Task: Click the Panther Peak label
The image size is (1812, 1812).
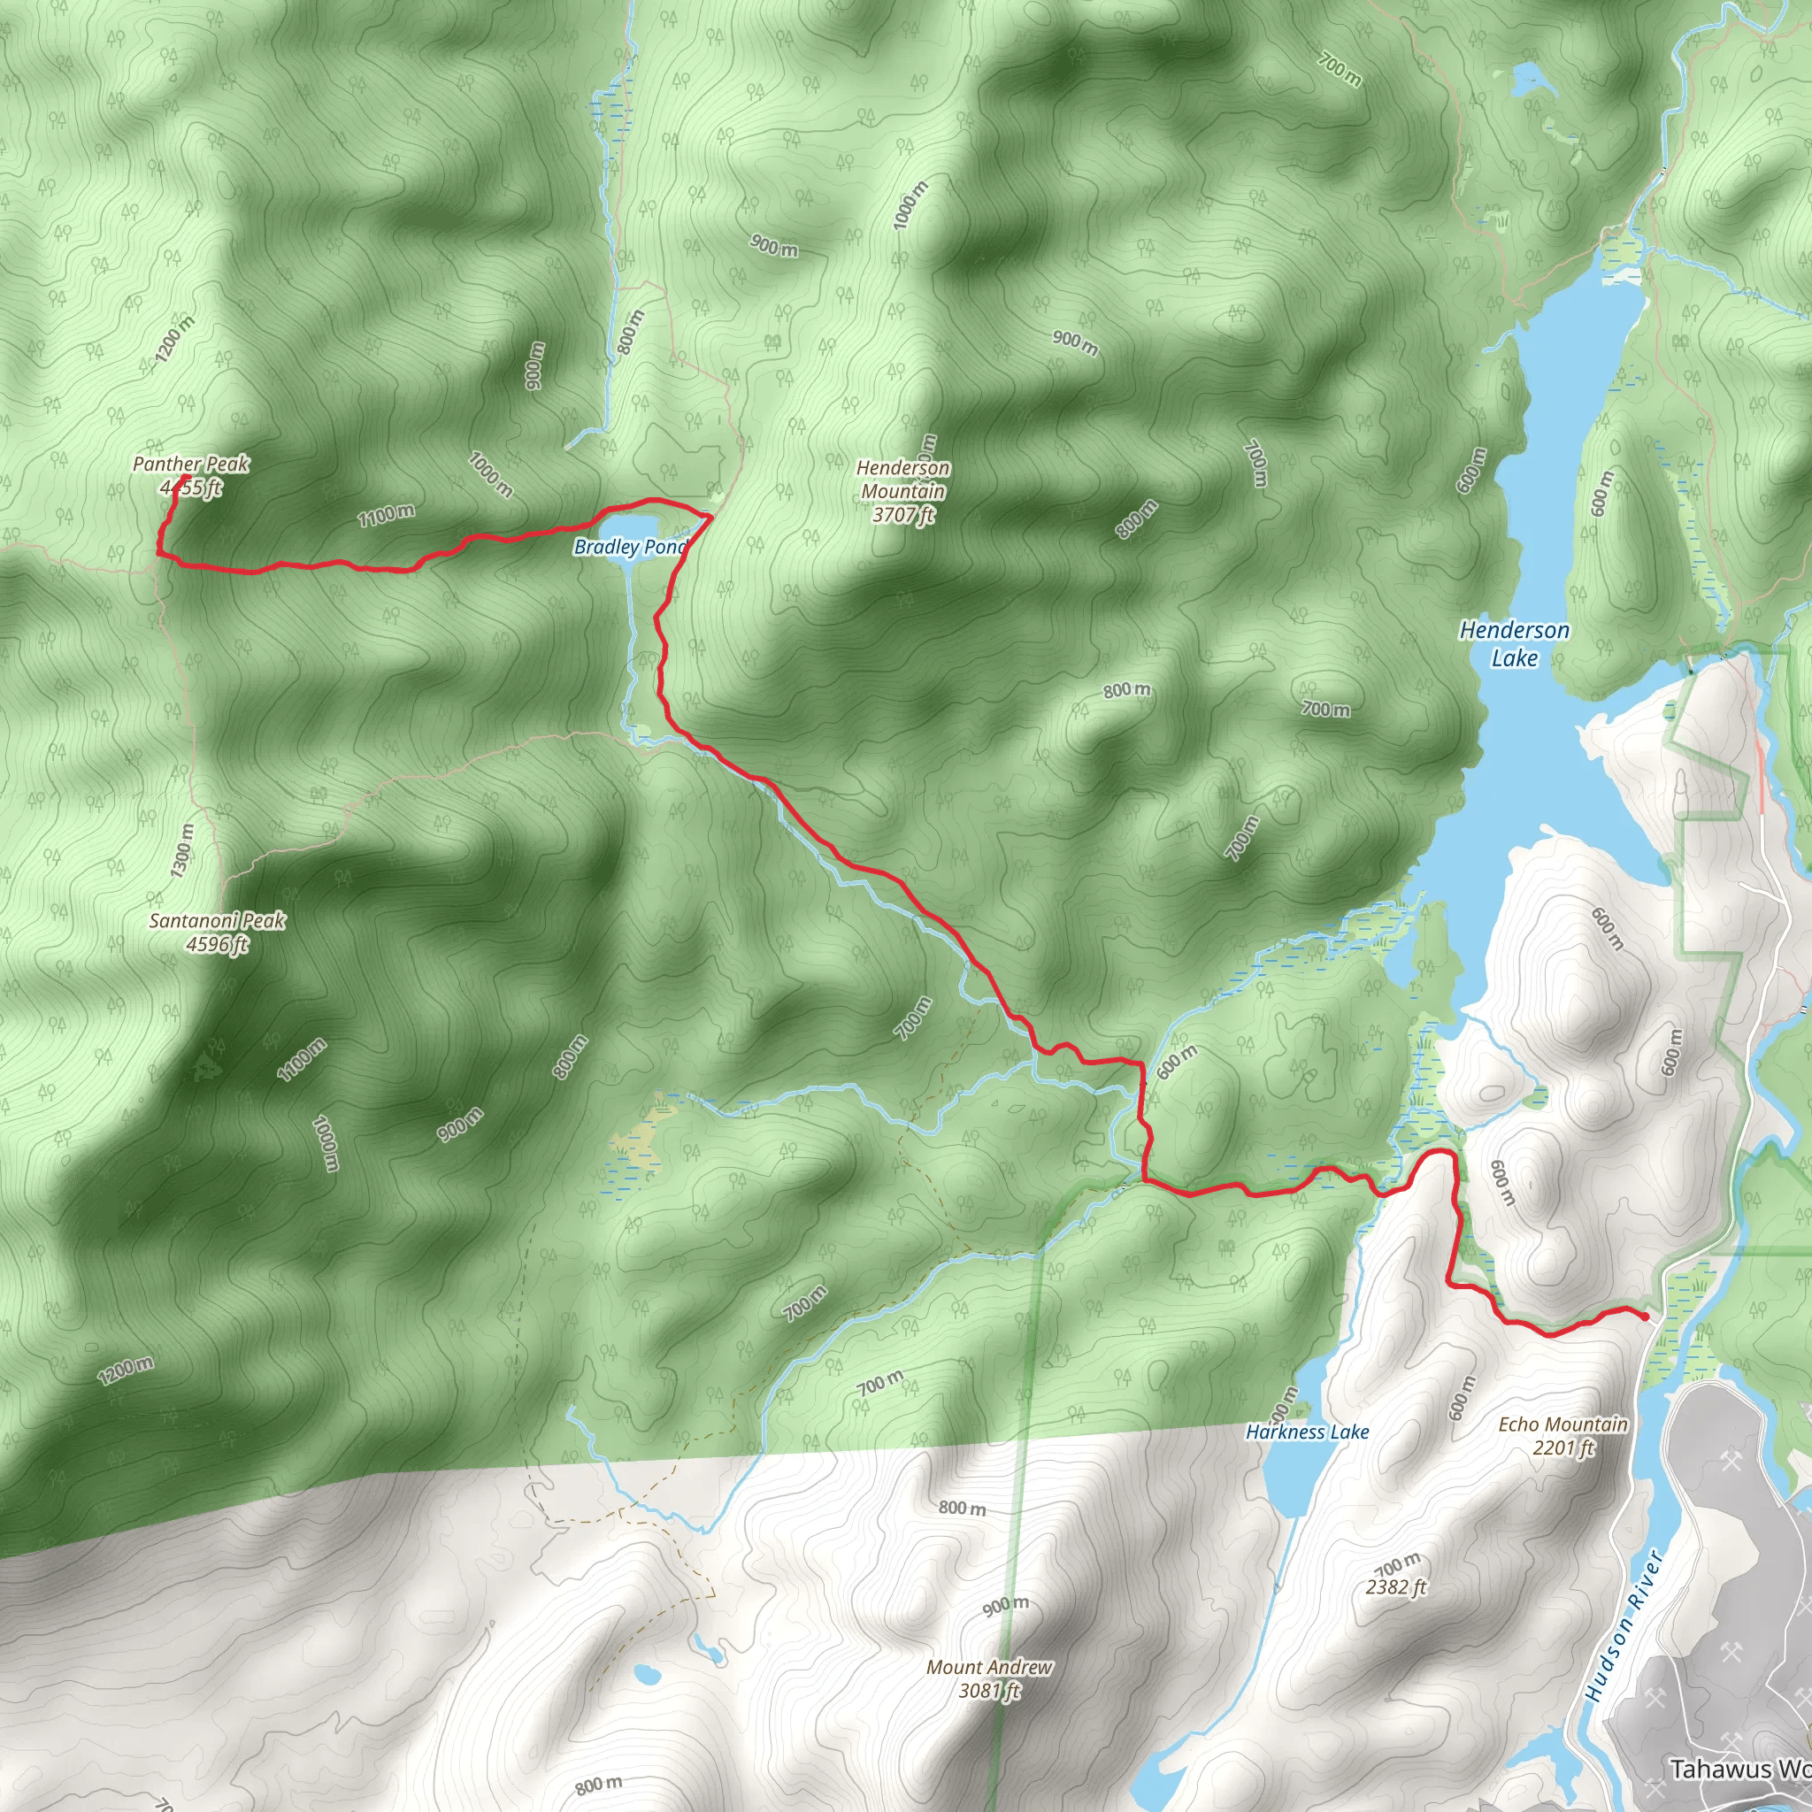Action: [x=191, y=464]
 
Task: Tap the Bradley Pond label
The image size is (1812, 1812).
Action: [x=629, y=547]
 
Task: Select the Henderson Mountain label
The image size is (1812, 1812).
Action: [x=903, y=480]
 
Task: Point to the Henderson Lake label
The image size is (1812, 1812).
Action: [x=1514, y=643]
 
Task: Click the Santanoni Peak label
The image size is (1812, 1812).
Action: [x=217, y=920]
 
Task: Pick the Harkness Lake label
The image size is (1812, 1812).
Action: [x=1308, y=1432]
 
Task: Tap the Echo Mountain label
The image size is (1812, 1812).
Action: [x=1562, y=1424]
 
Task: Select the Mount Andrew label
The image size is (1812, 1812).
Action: [x=988, y=1668]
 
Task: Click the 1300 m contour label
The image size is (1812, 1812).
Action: [x=183, y=849]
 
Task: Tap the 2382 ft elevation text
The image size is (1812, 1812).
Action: [x=1396, y=1587]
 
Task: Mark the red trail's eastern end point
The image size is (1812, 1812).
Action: [x=1646, y=1317]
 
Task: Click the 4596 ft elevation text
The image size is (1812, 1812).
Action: [x=217, y=943]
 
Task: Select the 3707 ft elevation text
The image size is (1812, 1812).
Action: [x=903, y=515]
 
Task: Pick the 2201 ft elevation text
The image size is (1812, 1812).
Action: [x=1563, y=1448]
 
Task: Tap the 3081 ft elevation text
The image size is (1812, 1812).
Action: [x=989, y=1691]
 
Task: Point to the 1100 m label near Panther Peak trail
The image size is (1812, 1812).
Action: [x=386, y=515]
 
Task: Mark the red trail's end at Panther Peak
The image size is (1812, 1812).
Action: [x=187, y=478]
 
